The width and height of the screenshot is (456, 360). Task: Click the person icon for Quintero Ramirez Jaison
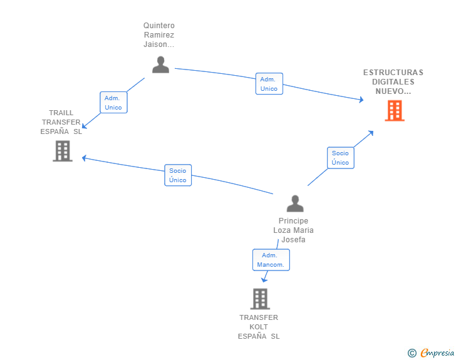click(161, 64)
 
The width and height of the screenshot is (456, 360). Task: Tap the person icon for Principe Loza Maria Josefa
click(294, 203)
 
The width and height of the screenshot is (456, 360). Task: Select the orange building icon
click(394, 111)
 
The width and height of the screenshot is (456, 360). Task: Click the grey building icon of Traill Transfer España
click(63, 151)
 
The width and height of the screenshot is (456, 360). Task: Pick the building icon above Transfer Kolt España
click(259, 299)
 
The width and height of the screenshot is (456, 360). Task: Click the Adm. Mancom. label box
click(271, 260)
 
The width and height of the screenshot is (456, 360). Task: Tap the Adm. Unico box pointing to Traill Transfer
click(113, 103)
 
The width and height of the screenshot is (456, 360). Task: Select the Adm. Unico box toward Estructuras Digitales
click(269, 84)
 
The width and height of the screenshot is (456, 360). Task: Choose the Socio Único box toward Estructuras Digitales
click(340, 158)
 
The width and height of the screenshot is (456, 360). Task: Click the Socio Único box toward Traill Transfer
click(178, 175)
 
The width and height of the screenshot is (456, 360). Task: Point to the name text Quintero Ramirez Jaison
click(158, 35)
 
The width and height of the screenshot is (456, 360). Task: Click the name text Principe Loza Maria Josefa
click(293, 230)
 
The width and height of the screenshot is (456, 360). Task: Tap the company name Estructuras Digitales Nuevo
click(393, 81)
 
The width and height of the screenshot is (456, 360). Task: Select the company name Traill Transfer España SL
click(61, 122)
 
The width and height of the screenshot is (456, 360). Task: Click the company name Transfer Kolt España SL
click(259, 327)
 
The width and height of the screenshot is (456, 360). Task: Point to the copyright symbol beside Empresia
click(412, 353)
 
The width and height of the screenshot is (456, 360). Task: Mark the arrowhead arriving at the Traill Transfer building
click(85, 158)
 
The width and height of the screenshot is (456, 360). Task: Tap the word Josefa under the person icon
click(293, 240)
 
